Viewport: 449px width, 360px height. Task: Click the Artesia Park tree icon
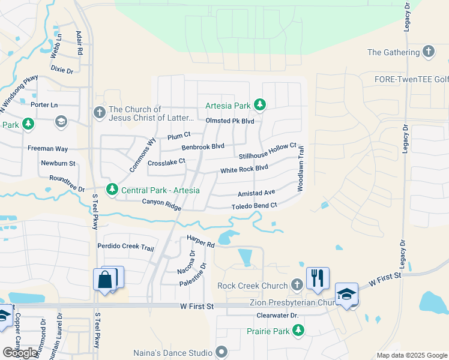(x=259, y=106)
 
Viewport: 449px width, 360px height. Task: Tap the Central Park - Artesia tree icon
(x=112, y=190)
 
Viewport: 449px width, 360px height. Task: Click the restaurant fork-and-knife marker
(x=318, y=278)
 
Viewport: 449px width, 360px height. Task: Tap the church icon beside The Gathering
(x=429, y=52)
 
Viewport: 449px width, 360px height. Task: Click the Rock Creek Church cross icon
(x=296, y=284)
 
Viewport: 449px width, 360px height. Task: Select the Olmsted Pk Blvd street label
(x=230, y=121)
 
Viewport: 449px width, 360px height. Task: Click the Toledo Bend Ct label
(x=254, y=206)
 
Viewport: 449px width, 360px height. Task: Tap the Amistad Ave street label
(x=256, y=193)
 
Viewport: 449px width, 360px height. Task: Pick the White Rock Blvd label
(x=244, y=169)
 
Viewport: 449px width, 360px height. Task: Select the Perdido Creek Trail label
(x=126, y=247)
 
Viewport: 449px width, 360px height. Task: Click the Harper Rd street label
(x=200, y=241)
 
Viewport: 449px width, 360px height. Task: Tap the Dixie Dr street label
(x=62, y=70)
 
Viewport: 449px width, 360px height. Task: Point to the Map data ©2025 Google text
(x=412, y=355)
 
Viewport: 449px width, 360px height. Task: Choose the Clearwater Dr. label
(x=277, y=315)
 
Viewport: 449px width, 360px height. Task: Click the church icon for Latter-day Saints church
(x=100, y=112)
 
